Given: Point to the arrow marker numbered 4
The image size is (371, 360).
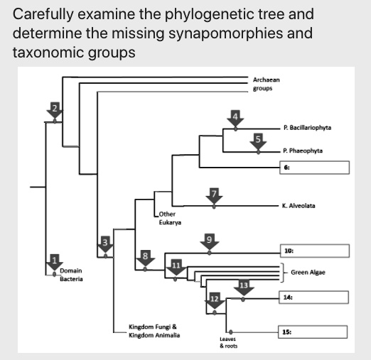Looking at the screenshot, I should (x=235, y=119).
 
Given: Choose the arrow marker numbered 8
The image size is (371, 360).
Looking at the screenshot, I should (x=145, y=258).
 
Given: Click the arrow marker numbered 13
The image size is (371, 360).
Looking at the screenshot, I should (x=243, y=288).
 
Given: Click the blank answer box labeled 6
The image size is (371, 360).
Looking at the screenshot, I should (x=313, y=168).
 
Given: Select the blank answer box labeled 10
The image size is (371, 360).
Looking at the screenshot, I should (x=313, y=251).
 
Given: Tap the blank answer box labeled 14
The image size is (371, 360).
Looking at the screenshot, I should (x=313, y=298).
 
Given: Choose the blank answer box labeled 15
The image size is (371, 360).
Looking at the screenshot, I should (x=313, y=332).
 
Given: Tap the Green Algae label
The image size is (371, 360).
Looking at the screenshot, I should (x=308, y=272).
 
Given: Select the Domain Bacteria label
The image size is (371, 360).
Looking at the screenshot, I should (x=71, y=275).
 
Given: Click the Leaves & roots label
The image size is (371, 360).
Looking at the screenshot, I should (x=228, y=342).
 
